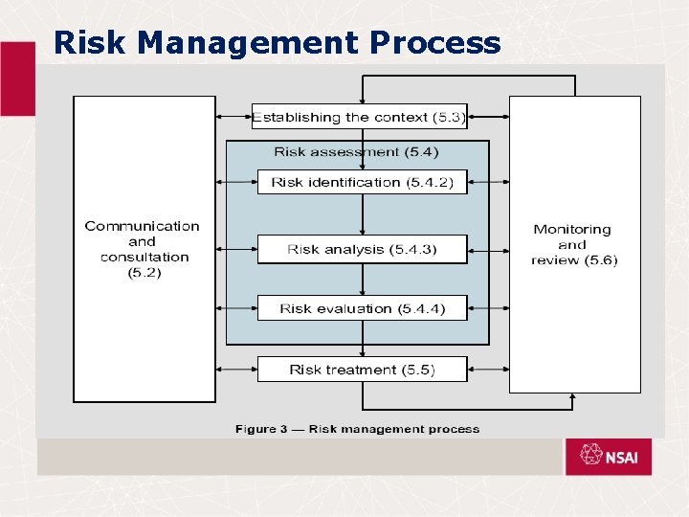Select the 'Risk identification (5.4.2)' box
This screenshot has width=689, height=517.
[x=362, y=182]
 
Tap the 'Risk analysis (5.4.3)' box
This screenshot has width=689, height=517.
[x=362, y=249]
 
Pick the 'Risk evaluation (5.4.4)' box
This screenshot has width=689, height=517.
[x=362, y=308]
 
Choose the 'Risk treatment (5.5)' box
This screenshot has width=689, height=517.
[x=362, y=370]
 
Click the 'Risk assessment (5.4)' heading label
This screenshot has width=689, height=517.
[x=356, y=151]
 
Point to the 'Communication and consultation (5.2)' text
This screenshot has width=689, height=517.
[x=144, y=249]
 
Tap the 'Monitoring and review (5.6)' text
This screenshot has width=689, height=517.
[x=573, y=244]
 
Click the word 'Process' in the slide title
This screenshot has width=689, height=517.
[x=435, y=43]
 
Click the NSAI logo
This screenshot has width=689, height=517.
[x=608, y=457]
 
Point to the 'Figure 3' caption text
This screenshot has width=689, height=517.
[x=357, y=429]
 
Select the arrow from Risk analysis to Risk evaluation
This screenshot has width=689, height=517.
[x=363, y=279]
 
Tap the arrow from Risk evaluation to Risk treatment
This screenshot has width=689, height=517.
[x=363, y=338]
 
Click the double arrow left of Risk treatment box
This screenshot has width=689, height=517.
[x=236, y=369]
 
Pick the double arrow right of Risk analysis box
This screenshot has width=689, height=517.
[x=488, y=251]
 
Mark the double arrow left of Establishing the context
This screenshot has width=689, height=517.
[x=234, y=117]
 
